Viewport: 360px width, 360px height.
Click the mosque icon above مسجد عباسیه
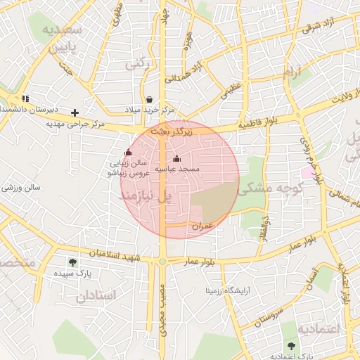(176, 158)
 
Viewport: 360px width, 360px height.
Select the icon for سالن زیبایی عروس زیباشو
(127, 152)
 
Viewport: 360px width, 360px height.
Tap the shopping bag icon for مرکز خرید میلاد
(149, 99)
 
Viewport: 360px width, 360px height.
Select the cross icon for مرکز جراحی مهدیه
(75, 112)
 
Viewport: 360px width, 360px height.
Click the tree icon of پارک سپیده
(72, 262)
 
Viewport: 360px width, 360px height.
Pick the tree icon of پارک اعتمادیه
(292, 345)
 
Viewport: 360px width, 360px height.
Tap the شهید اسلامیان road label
(121, 256)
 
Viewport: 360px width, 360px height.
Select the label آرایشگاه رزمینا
(228, 289)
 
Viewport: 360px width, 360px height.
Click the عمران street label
(201, 225)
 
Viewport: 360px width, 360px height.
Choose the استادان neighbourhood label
(98, 295)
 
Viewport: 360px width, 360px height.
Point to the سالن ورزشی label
(22, 188)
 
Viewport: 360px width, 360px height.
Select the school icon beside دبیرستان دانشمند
(26, 98)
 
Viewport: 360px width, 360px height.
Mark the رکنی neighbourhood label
(138, 64)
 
